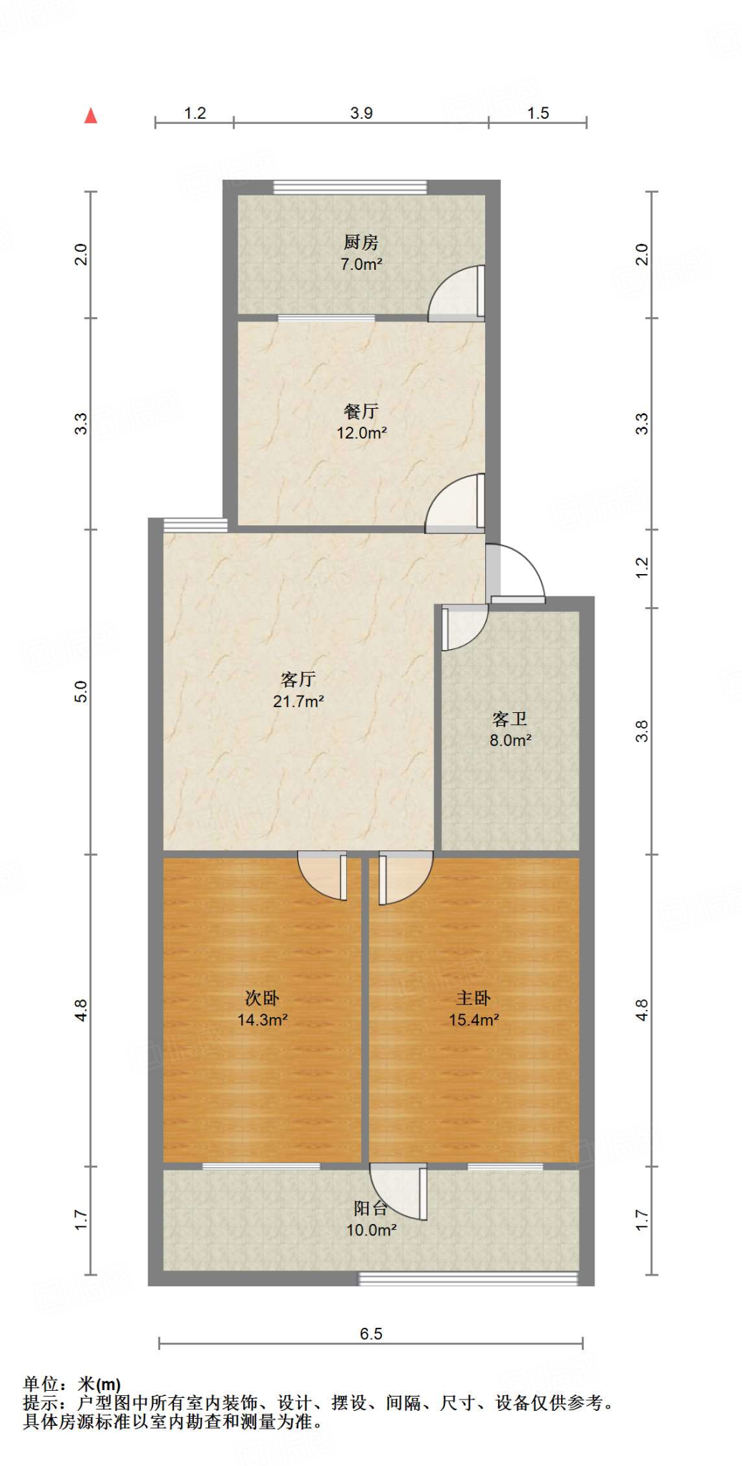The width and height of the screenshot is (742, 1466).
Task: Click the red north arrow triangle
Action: coord(90,116)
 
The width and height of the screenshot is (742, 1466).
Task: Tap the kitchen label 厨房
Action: coord(361,243)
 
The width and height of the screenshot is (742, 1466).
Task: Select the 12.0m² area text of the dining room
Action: coord(361,433)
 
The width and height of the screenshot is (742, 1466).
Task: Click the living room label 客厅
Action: coord(298,679)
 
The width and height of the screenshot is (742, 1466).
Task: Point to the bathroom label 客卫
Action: coord(509,719)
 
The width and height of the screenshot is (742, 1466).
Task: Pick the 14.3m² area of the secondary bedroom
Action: coord(263,1020)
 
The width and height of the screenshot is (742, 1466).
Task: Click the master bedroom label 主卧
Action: coord(474,998)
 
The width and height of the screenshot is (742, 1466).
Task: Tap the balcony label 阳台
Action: coord(371,1208)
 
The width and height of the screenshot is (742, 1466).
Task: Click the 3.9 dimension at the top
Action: coord(361,113)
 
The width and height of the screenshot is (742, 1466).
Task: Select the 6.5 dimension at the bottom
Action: coord(371,1334)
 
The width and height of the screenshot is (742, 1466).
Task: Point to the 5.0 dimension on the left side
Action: coord(81,691)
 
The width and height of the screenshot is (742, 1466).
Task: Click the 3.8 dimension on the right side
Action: coord(642,731)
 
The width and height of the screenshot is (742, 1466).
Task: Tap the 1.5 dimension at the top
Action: coord(538,113)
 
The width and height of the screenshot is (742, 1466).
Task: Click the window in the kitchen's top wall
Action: coord(350,188)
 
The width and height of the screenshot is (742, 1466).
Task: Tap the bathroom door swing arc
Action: coord(464,627)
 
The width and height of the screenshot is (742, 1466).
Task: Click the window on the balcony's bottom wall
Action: coord(467,1278)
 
